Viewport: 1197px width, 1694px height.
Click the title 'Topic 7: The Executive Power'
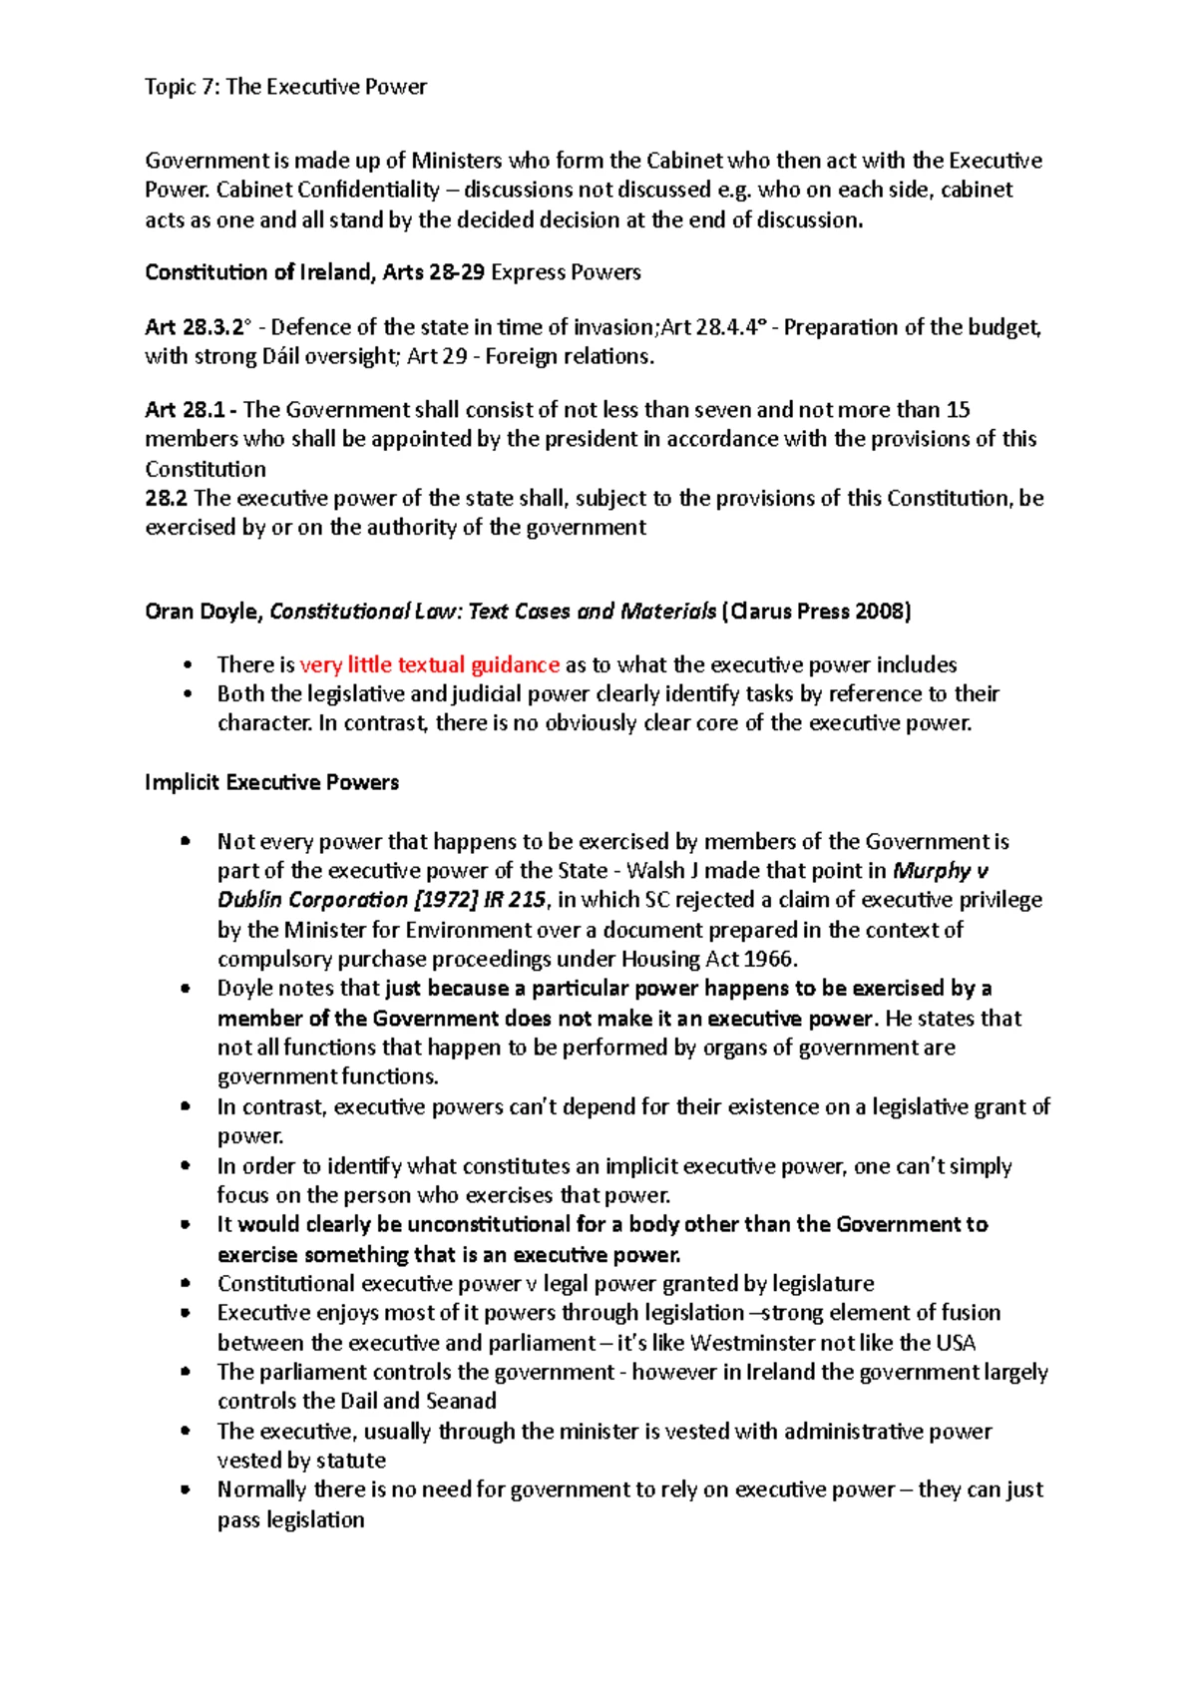click(285, 87)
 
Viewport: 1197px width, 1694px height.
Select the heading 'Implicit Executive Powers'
click(271, 782)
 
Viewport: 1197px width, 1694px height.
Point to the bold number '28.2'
click(166, 498)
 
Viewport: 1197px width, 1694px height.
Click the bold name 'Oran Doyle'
click(202, 612)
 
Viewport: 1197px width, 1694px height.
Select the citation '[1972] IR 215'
click(480, 900)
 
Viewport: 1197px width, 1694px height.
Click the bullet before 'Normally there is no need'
click(185, 1489)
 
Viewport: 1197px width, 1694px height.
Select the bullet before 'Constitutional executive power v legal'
click(185, 1284)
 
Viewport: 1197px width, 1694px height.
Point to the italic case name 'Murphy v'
click(942, 871)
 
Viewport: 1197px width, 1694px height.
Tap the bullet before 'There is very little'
click(185, 665)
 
